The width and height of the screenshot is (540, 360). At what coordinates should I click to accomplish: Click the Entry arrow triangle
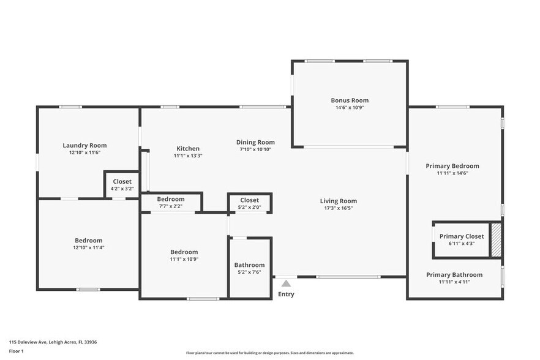coord(286,283)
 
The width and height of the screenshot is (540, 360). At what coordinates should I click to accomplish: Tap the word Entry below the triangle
coord(286,294)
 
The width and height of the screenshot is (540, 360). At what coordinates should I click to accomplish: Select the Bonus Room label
coord(350,100)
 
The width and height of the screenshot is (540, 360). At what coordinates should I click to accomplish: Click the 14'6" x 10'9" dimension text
coord(350,108)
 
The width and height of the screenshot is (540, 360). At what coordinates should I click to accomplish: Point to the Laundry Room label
coord(84,146)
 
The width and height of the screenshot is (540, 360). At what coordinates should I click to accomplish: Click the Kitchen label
coord(188,149)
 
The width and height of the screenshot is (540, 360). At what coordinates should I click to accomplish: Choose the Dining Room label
coord(255,142)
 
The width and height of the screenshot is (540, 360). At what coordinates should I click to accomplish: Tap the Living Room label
coord(338,201)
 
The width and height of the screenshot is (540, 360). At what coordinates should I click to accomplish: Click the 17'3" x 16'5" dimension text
coord(338,208)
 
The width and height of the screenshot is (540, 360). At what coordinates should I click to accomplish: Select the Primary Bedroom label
coord(452,166)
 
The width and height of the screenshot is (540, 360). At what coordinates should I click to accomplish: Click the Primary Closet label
coord(462,236)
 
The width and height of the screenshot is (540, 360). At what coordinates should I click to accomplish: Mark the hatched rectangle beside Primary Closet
coord(497,239)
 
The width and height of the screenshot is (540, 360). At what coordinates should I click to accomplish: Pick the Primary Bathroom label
coord(454,275)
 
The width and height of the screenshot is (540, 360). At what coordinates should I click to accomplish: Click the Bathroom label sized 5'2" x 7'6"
coord(250,265)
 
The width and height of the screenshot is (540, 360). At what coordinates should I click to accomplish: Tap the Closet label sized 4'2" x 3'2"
coord(122,182)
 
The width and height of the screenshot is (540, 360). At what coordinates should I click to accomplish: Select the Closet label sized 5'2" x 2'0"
coord(249,200)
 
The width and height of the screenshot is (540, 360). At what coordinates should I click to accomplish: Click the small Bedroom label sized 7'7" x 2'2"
coord(171,199)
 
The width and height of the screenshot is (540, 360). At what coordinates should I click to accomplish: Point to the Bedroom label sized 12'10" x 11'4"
coord(89,241)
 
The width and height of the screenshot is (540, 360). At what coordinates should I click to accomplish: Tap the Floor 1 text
coord(16,351)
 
